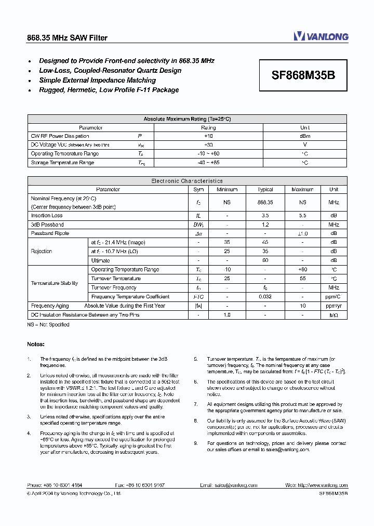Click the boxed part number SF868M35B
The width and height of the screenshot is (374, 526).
(303, 75)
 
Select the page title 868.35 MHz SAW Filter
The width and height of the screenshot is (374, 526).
(67, 38)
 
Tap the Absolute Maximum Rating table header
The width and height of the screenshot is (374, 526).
(187, 119)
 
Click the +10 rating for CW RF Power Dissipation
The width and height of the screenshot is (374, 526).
(208, 136)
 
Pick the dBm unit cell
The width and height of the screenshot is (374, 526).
(305, 136)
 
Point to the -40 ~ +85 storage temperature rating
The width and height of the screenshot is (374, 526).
(208, 163)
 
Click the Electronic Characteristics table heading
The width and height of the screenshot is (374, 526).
(187, 181)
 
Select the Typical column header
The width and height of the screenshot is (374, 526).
(265, 190)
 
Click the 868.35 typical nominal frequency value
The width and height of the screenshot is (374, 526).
(265, 202)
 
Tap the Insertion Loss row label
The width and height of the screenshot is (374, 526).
(47, 216)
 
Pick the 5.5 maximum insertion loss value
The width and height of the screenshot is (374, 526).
(302, 216)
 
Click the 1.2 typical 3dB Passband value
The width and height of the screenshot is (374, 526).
(265, 225)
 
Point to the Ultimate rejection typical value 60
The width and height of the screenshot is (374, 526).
(265, 260)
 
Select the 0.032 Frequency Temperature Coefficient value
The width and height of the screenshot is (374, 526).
(265, 297)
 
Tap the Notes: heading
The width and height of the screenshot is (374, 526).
(36, 344)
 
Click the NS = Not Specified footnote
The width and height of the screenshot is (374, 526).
(48, 325)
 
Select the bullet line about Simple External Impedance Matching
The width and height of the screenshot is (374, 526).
(97, 81)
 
